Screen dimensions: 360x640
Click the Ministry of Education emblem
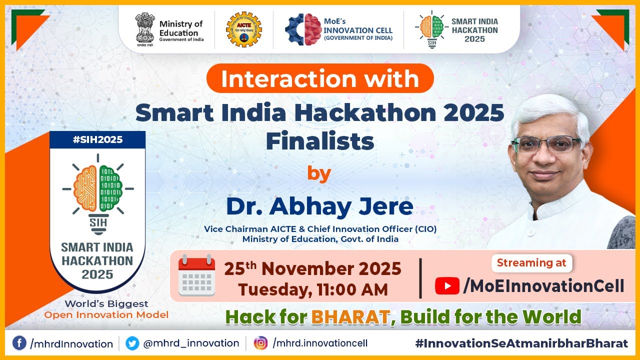pyautogui.click(x=145, y=29)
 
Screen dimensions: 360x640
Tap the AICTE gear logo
pyautogui.click(x=243, y=29)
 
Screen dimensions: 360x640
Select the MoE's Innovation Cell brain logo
pyautogui.click(x=303, y=29)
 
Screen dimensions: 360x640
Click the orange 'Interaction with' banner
pyautogui.click(x=320, y=78)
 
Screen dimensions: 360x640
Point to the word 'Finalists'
pyautogui.click(x=320, y=141)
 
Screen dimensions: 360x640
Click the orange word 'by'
pyautogui.click(x=319, y=173)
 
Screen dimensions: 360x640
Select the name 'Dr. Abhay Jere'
pyautogui.click(x=320, y=206)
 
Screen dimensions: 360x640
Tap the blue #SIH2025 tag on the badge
pyautogui.click(x=97, y=139)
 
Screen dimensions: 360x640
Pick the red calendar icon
pyautogui.click(x=196, y=275)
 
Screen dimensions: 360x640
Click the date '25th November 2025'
pyautogui.click(x=312, y=269)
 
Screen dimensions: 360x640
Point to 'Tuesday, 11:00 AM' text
pyautogui.click(x=312, y=289)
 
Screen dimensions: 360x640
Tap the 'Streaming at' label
pyautogui.click(x=532, y=262)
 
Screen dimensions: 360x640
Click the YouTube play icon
pyautogui.click(x=447, y=286)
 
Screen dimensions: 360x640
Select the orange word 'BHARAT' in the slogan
pyautogui.click(x=350, y=316)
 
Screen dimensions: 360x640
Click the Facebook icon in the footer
pyautogui.click(x=19, y=343)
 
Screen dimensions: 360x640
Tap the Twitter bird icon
pyautogui.click(x=132, y=343)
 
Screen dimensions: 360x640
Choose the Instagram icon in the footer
pyautogui.click(x=260, y=343)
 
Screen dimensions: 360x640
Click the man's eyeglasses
pyautogui.click(x=546, y=144)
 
